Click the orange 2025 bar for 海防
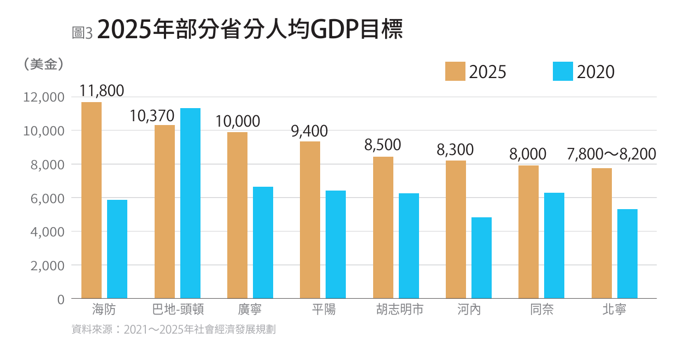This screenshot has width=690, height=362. coord(91,200)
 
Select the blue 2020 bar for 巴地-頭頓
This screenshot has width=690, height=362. coord(190,203)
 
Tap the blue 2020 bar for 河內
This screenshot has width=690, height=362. coord(481,258)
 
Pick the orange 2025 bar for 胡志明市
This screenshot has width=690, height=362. coord(383,227)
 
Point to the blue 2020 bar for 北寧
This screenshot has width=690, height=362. coord(627,253)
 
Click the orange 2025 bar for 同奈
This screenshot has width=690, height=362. coord(528,232)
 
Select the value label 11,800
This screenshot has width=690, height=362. coord(102,91)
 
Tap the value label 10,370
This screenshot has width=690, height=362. coord(152,116)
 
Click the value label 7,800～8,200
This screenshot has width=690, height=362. coord(611,155)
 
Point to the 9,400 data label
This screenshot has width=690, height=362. coord(309,131)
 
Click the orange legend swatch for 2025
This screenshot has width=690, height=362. coord(455,72)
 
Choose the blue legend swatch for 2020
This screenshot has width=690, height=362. coord(563,72)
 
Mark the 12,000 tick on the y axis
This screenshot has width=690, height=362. coord(44,97)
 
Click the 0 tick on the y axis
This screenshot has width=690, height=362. coord(61,299)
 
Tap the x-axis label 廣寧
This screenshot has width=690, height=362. coord(250,310)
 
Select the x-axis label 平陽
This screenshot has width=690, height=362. coord(323,310)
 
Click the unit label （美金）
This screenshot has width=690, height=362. coord(44,64)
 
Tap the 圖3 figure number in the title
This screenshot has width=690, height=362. coord(82,33)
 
